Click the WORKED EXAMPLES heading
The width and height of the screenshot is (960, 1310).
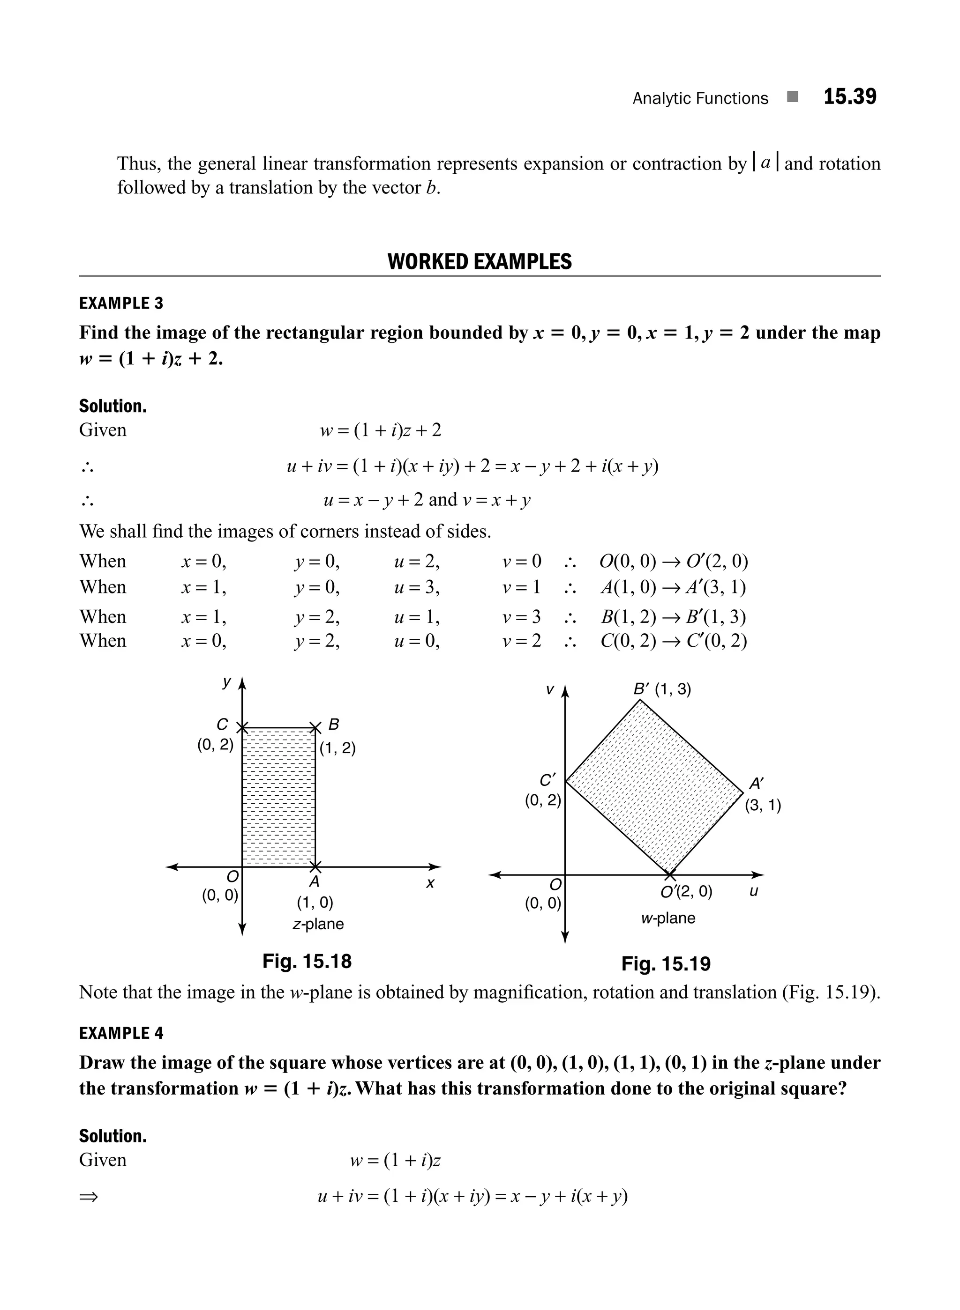(480, 262)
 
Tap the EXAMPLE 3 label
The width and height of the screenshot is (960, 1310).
(121, 303)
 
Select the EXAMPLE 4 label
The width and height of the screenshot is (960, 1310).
(121, 1033)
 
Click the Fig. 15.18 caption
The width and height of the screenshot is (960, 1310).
(307, 961)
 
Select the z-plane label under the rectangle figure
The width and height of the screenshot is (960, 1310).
(318, 924)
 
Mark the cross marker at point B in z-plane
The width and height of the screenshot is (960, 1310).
(315, 727)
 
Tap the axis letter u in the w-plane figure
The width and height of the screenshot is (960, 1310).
(753, 891)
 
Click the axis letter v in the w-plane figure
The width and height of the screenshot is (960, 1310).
(549, 690)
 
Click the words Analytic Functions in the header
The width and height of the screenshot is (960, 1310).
(700, 98)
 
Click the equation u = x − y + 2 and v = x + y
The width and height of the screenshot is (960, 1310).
(427, 500)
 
